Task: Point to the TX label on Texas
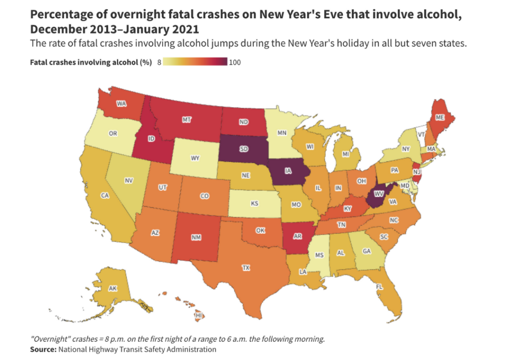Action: click(x=246, y=268)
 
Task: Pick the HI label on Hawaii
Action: click(x=199, y=315)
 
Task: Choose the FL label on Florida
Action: click(x=380, y=286)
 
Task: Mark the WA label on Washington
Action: click(x=121, y=104)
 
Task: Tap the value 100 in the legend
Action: click(x=235, y=63)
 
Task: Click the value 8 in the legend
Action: click(x=159, y=63)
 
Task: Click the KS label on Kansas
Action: click(x=255, y=203)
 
